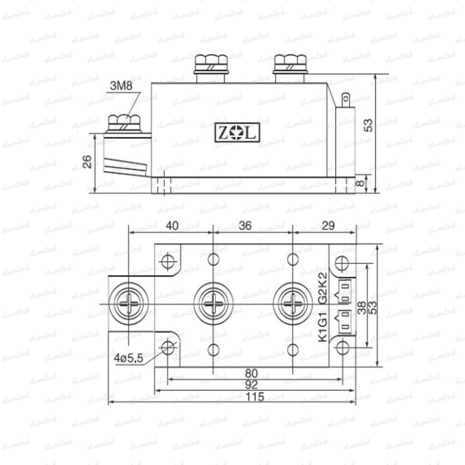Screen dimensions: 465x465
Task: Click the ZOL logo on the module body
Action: (237, 133)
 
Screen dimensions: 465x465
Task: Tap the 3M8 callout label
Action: (121, 86)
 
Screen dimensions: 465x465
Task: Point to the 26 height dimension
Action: (87, 162)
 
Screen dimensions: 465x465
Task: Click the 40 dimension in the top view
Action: (172, 226)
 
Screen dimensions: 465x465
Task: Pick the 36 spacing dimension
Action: (245, 226)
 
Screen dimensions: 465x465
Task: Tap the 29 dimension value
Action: (328, 226)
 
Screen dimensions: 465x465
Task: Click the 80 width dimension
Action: (251, 373)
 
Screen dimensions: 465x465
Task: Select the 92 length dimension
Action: (251, 385)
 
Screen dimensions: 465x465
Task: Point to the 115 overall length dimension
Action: (255, 396)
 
